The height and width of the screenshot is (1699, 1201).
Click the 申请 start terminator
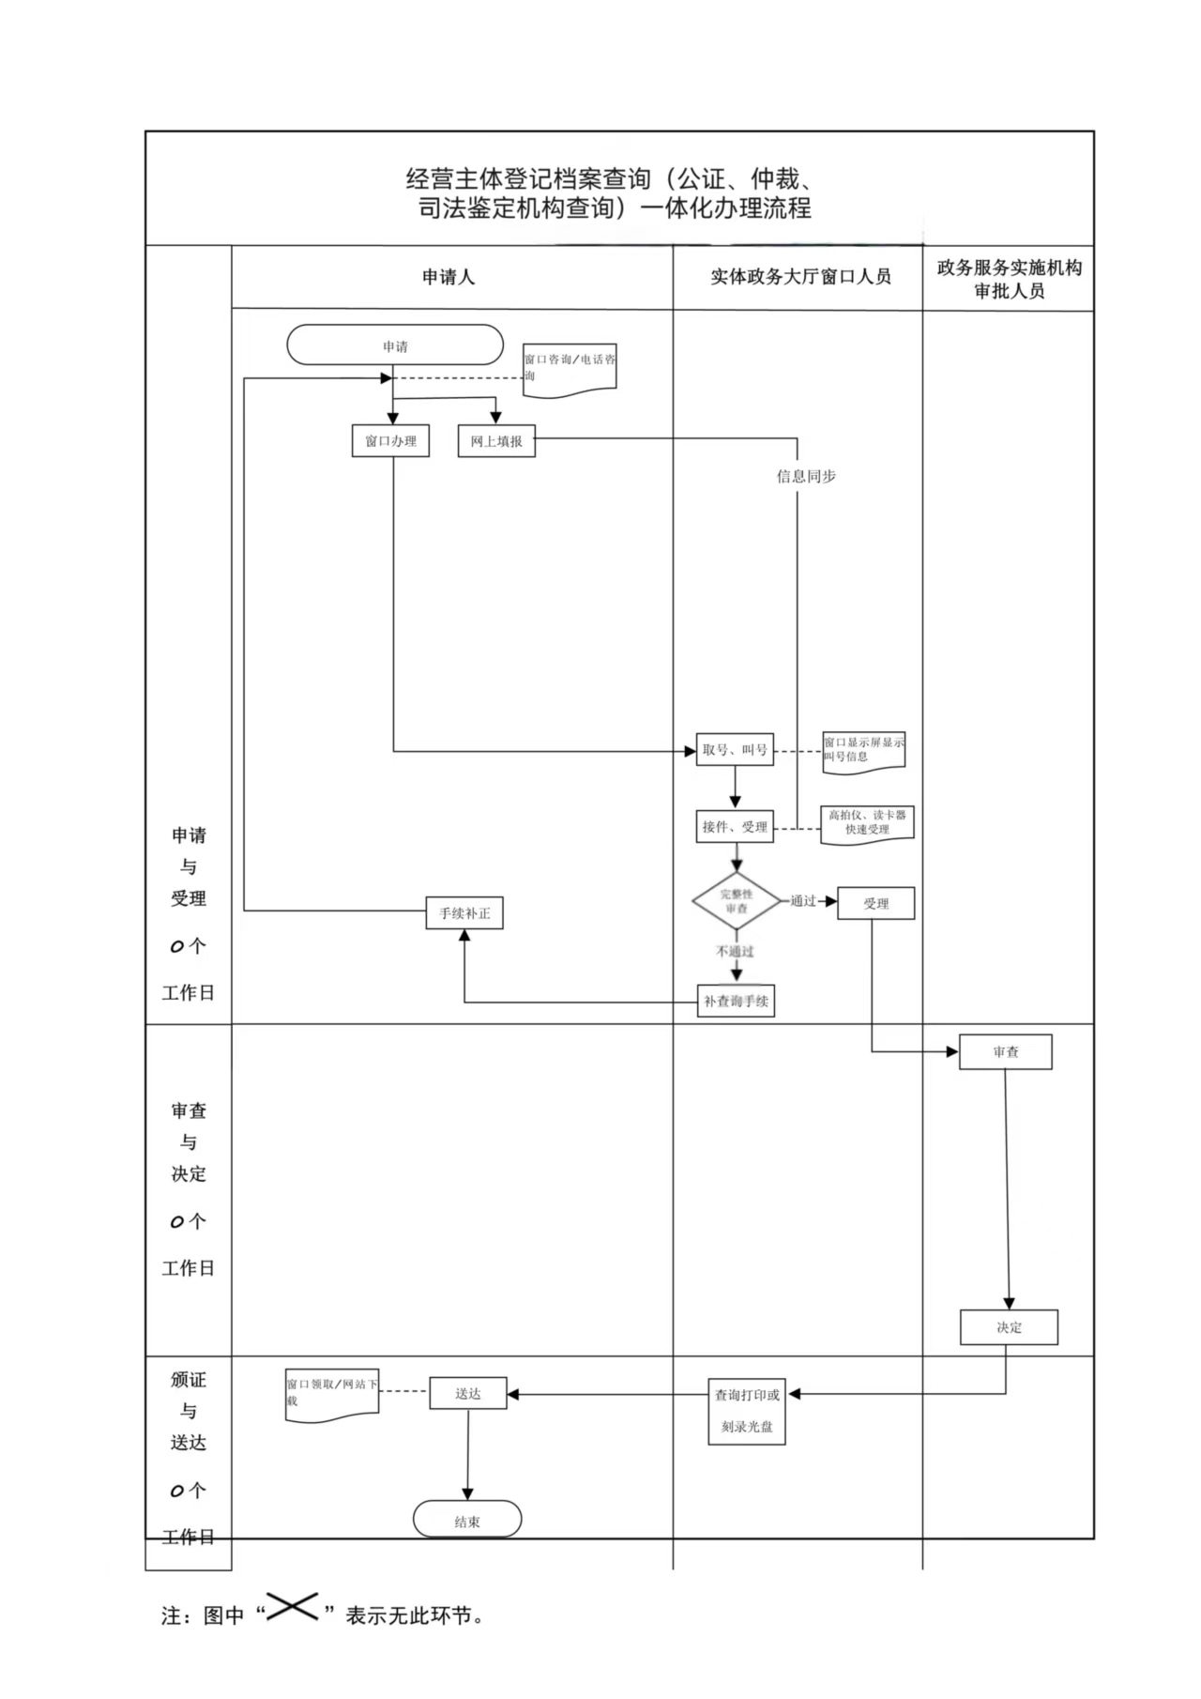click(395, 345)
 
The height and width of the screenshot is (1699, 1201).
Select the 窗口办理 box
click(390, 441)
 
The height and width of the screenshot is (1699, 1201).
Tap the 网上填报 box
click(496, 441)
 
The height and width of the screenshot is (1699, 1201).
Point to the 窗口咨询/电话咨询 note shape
click(570, 368)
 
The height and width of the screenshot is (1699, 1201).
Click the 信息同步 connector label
click(806, 477)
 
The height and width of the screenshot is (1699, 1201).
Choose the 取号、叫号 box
click(735, 750)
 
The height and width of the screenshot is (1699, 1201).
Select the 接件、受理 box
click(735, 827)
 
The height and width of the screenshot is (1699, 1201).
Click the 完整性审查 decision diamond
click(737, 901)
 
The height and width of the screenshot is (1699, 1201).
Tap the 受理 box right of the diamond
click(875, 904)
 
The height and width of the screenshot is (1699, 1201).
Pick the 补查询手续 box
click(737, 1002)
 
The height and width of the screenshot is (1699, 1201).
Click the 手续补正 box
click(464, 913)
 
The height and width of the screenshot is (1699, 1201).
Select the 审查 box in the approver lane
click(1005, 1052)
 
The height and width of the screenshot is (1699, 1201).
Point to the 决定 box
click(1009, 1327)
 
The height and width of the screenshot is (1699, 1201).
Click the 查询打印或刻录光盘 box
click(747, 1411)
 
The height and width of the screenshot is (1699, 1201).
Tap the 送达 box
click(468, 1394)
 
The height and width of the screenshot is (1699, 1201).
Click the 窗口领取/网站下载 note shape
click(332, 1393)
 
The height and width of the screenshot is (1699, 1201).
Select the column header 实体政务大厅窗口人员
click(800, 277)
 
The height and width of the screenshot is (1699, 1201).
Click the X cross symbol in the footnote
click(292, 1607)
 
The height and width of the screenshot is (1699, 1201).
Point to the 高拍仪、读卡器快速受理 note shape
click(867, 823)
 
